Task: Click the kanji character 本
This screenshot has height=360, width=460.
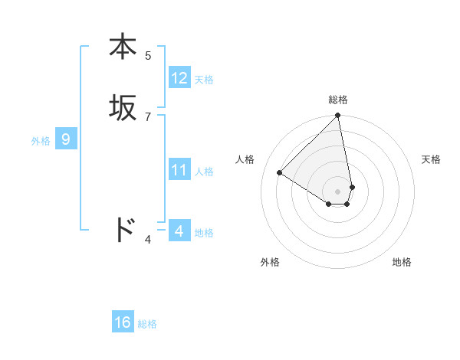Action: pos(123,47)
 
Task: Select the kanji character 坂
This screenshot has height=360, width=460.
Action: pos(123,107)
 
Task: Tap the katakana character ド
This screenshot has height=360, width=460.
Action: pos(123,229)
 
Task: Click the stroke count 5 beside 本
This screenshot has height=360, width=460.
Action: pos(148,56)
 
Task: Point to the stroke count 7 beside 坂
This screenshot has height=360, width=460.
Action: pos(148,116)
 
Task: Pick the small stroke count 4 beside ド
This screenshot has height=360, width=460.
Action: pos(148,241)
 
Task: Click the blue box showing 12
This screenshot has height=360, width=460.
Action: pos(179,78)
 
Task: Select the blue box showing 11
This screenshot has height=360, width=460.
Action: pos(179,170)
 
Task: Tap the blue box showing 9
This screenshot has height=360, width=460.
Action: pos(66,139)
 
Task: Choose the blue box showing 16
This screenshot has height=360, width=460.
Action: pos(123,322)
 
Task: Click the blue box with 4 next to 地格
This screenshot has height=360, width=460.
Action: pos(179,231)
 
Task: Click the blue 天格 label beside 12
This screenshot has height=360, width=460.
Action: pos(204,80)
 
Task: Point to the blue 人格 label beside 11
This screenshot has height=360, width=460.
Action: pos(205,172)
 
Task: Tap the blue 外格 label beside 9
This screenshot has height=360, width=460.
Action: pos(41,141)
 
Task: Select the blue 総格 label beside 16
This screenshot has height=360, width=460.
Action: pos(147,324)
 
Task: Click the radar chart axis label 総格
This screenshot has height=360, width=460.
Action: pos(338,100)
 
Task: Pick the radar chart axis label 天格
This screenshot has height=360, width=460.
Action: pos(432,159)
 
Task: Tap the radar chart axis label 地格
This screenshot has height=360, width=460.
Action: pos(402,262)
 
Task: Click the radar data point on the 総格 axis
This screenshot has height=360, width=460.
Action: pos(338,116)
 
